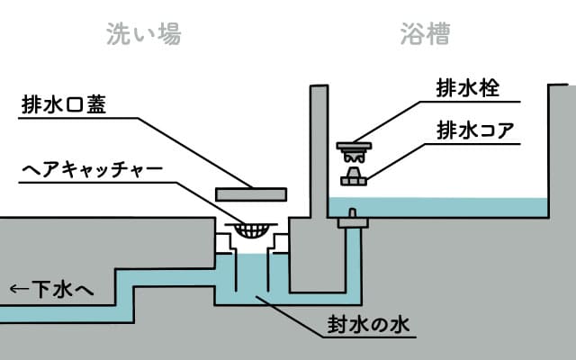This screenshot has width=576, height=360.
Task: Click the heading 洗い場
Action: pos(144,34)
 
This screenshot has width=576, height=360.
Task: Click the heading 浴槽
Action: pos(426,34)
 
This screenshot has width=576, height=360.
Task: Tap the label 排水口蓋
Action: pos(64,105)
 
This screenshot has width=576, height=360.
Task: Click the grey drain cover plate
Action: pos(251,193)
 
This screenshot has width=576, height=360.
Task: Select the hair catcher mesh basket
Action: pos(251,229)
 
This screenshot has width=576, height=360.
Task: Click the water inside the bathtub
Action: pos(450,208)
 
